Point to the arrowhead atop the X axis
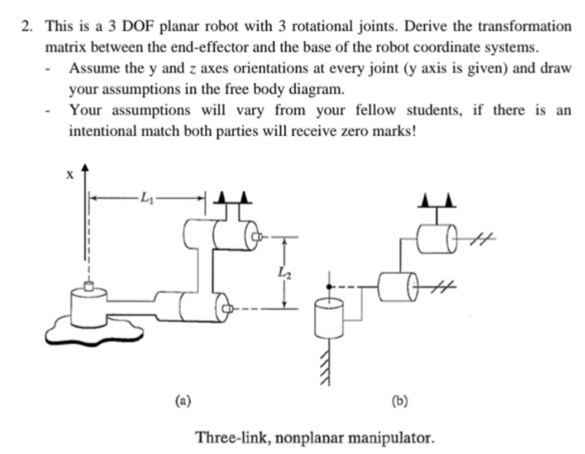point(86,169)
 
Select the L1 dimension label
point(146,198)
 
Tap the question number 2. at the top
point(29,26)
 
